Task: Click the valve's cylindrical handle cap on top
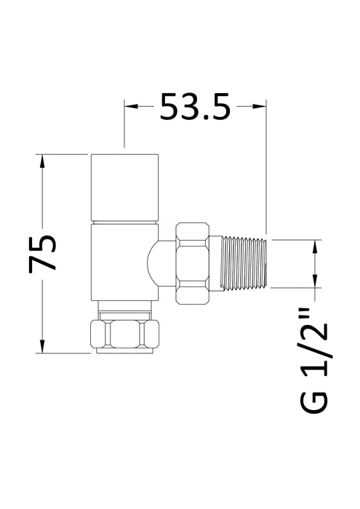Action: point(124,186)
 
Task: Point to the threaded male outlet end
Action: point(247,264)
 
